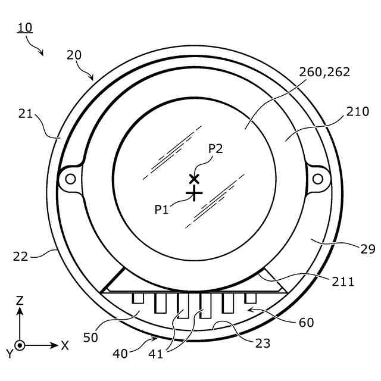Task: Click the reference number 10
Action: pyautogui.click(x=25, y=27)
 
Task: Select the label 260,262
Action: pyautogui.click(x=324, y=72)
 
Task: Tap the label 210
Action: pyautogui.click(x=357, y=111)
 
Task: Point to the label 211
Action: pyautogui.click(x=343, y=282)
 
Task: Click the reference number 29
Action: pyautogui.click(x=368, y=249)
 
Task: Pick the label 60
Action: pyautogui.click(x=306, y=323)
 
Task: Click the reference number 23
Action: pyautogui.click(x=263, y=343)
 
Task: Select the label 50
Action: pyautogui.click(x=90, y=338)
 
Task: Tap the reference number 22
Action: pyautogui.click(x=20, y=257)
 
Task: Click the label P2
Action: pyautogui.click(x=216, y=148)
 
